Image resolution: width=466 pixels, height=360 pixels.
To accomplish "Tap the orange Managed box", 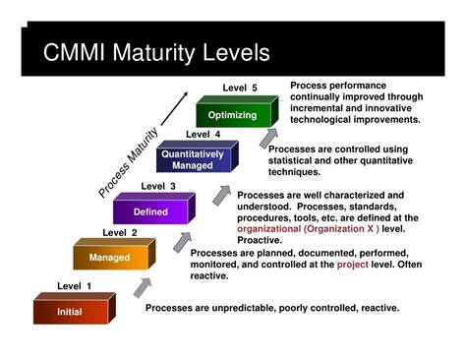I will (x=108, y=258).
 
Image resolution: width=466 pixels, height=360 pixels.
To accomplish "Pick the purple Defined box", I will (x=150, y=211).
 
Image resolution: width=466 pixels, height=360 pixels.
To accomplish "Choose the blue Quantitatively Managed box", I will (x=192, y=158).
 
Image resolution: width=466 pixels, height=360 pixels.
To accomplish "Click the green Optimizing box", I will (x=232, y=115).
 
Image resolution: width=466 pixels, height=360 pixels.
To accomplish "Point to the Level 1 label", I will (x=74, y=286).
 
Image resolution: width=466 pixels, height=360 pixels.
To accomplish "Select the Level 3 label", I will (x=158, y=186).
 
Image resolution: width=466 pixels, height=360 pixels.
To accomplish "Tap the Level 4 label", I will (x=203, y=134).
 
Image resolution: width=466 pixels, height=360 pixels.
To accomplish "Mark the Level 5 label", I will (x=240, y=88).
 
